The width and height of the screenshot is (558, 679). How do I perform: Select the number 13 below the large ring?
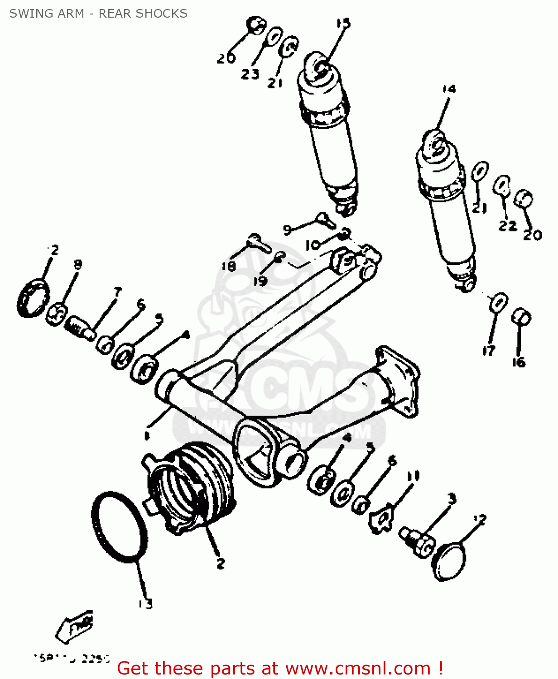point(145,603)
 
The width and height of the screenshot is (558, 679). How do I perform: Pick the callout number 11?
point(413,476)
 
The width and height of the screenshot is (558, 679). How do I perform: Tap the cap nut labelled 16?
point(521,317)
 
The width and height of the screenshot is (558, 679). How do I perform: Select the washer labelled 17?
point(498,302)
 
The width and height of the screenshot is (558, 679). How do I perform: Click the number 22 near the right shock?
point(507,225)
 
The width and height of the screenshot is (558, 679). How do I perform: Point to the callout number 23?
point(250,73)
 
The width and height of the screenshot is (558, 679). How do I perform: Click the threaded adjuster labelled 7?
point(81,328)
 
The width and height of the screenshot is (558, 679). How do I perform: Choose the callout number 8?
point(78,265)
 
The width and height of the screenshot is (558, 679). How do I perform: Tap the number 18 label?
point(229,266)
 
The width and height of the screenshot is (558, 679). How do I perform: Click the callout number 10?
point(313,245)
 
